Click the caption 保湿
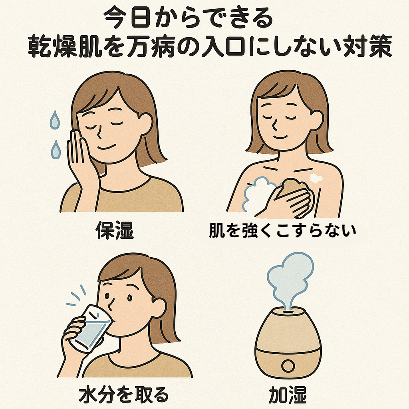(x=115, y=230)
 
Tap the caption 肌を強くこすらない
(x=282, y=230)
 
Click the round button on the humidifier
(x=288, y=366)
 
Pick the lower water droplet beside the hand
(x=56, y=150)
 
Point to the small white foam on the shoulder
(x=316, y=178)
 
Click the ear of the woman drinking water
(x=158, y=308)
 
